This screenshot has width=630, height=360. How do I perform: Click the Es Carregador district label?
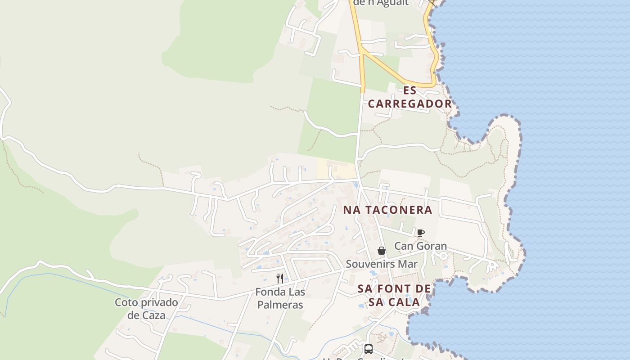(409, 97)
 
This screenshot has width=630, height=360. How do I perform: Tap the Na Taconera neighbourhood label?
(387, 210)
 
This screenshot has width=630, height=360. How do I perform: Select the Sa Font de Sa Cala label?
(394, 295)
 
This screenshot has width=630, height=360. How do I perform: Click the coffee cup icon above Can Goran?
(421, 233)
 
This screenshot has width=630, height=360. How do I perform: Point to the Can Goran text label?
(420, 246)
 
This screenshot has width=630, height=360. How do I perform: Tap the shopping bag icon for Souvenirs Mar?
(382, 251)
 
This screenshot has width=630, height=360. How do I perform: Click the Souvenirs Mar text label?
(382, 264)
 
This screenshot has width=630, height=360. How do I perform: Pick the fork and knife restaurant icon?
(280, 278)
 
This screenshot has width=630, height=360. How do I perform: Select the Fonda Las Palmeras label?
(280, 298)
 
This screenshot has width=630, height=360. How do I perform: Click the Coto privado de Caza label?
(146, 308)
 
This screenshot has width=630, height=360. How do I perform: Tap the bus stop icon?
(368, 349)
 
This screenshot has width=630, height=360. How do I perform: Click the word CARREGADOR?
(409, 103)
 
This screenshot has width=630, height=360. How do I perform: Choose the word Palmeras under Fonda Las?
(280, 305)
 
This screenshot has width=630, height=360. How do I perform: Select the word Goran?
(432, 246)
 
